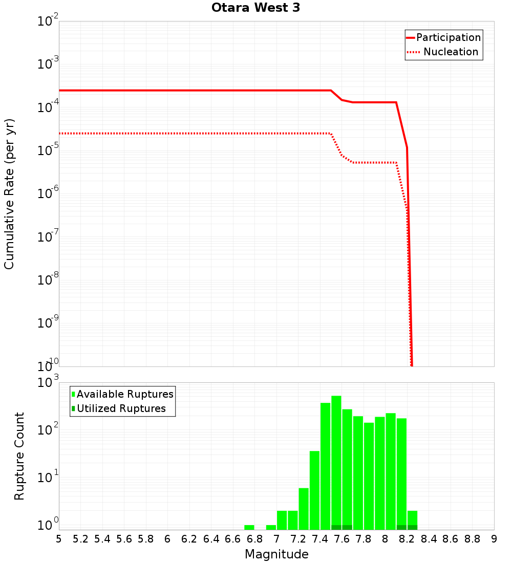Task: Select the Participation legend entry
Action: click(449, 38)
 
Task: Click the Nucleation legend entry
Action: click(451, 52)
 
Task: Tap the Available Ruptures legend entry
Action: click(125, 395)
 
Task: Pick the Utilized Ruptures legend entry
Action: click(121, 409)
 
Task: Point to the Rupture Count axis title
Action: click(19, 456)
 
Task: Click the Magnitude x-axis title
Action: click(276, 554)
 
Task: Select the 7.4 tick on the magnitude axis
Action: click(320, 539)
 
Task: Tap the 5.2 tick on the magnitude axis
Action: click(80, 539)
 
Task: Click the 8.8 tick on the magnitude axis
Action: click(472, 539)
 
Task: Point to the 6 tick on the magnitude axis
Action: click(167, 539)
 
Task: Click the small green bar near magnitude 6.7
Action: click(249, 527)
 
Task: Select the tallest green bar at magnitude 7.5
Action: click(336, 461)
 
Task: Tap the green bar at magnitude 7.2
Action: click(304, 509)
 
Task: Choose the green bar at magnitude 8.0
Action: click(391, 471)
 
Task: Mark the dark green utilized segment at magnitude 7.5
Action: click(336, 527)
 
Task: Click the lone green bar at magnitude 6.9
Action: click(271, 527)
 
